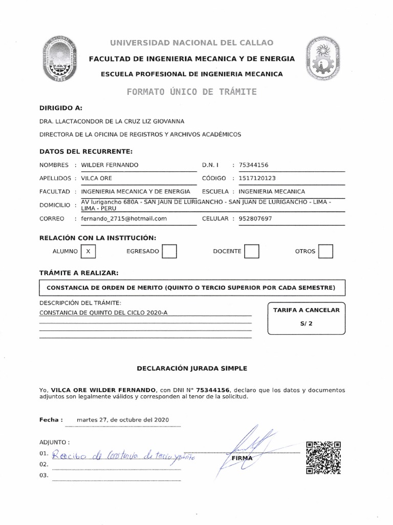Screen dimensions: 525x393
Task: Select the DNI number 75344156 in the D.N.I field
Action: [250, 165]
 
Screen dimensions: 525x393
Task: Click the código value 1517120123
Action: [253, 178]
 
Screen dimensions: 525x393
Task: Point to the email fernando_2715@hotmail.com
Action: [121, 218]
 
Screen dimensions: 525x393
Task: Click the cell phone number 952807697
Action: [252, 218]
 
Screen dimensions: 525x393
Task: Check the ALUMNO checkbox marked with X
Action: [89, 251]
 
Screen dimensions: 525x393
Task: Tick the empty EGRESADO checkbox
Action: [169, 251]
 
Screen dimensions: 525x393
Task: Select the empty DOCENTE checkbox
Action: [252, 251]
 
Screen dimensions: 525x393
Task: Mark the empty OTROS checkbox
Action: [325, 251]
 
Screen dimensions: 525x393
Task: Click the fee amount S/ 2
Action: [305, 324]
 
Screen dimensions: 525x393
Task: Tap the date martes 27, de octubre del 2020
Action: [122, 420]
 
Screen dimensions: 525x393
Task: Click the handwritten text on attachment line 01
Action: [123, 455]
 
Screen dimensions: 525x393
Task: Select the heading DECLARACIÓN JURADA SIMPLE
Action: [192, 368]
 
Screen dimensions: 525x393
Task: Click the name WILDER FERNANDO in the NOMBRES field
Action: [106, 165]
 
